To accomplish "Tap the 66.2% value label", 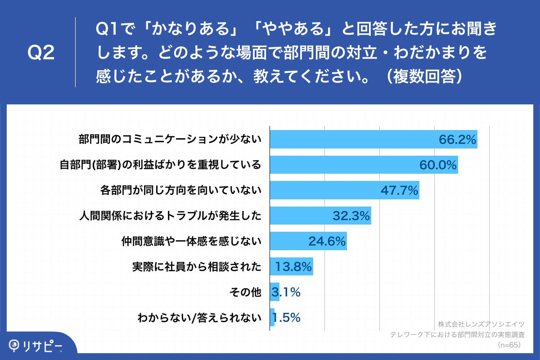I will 457,140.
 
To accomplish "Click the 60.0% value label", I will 438,165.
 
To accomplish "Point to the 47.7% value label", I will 400,191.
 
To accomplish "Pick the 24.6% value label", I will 327,242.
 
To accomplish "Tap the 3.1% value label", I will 286,292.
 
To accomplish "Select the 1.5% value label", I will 286,318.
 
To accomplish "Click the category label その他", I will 245,292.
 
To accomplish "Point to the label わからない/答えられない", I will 199,318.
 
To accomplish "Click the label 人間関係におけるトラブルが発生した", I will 170,216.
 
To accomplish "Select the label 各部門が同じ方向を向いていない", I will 180,191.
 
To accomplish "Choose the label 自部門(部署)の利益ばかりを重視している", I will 160,165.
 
